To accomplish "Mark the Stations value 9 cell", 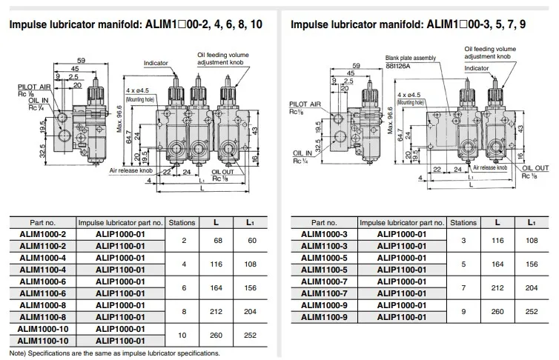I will tap(464, 311).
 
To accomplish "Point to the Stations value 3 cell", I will tap(464, 239).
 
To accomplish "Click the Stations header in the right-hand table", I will tap(464, 221).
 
